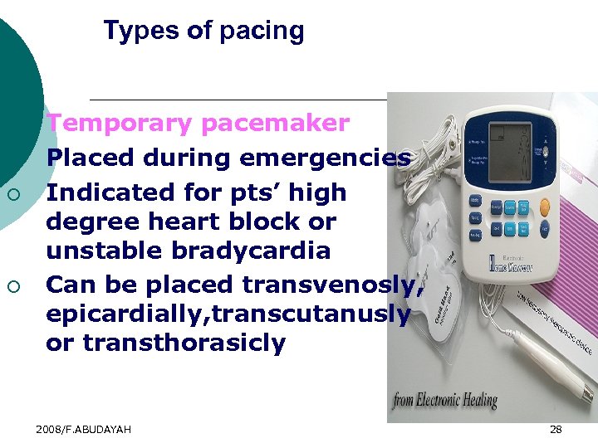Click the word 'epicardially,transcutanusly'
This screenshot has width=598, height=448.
point(228,314)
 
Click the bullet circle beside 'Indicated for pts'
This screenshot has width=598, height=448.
point(13,194)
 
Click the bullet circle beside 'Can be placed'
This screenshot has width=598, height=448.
point(13,287)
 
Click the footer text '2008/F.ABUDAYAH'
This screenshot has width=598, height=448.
point(83,429)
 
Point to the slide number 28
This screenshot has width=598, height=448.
point(556,429)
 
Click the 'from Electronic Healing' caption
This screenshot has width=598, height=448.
point(446,402)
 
